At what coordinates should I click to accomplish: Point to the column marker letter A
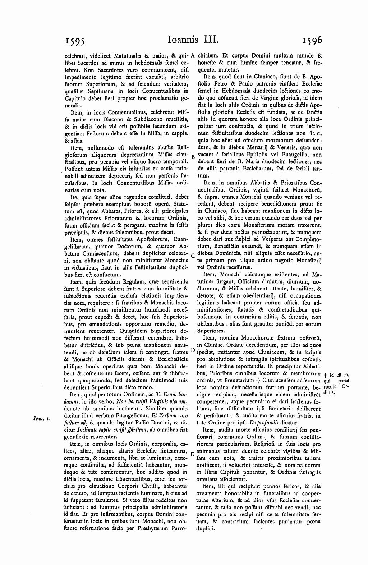coord(193,56)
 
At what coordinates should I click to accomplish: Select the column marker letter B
coord(193,157)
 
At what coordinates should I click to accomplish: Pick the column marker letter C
coord(193,256)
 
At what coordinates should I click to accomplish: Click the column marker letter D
coord(193,350)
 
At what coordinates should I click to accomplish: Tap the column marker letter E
coord(193,454)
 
